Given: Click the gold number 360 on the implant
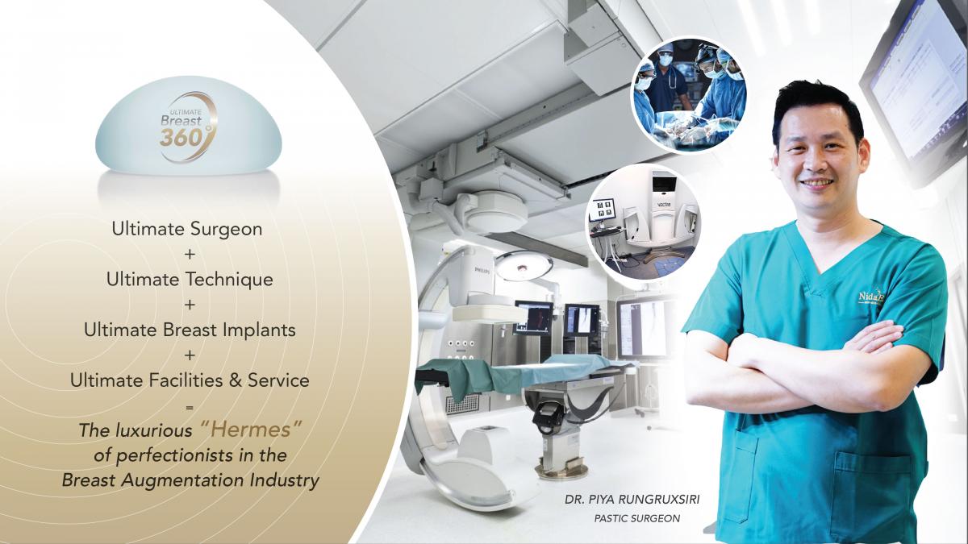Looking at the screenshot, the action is tap(180, 137).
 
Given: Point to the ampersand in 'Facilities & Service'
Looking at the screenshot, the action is tap(235, 380).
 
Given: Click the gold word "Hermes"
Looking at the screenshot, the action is tap(251, 430).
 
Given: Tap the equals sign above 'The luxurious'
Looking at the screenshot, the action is tap(190, 407).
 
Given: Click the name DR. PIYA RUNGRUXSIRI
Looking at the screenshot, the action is tap(632, 500).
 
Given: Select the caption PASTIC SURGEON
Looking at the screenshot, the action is tap(637, 518).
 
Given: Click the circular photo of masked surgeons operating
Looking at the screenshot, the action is tap(688, 95).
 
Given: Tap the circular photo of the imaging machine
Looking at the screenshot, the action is tap(644, 222).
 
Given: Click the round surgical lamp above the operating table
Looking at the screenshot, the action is tap(524, 265).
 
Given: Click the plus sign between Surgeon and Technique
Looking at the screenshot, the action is tap(190, 255).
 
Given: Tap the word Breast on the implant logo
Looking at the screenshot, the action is tap(181, 120).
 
